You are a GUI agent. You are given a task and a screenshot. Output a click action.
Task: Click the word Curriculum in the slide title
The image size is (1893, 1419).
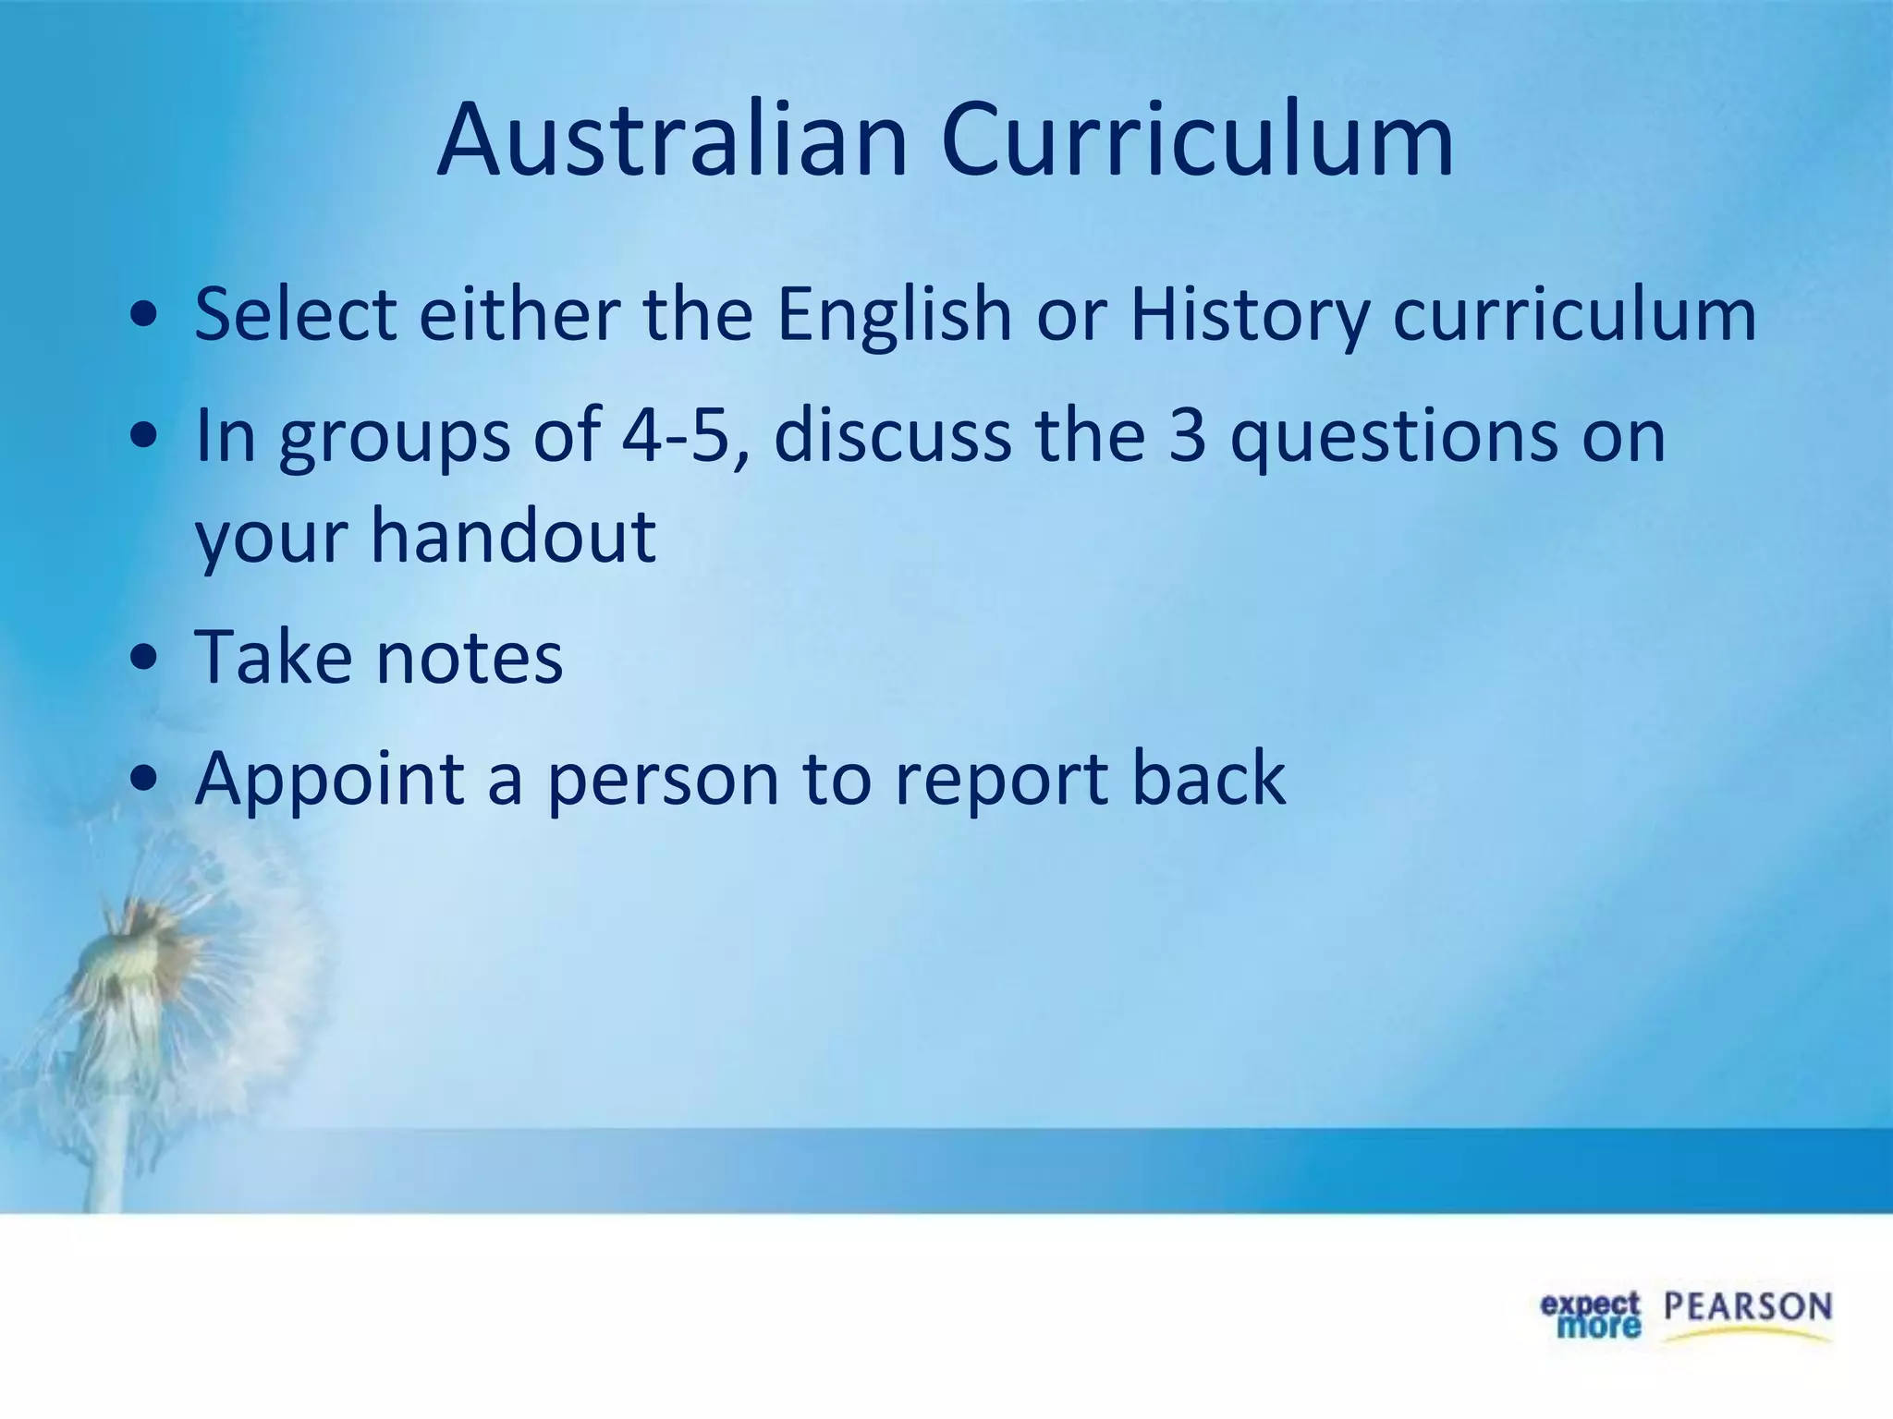coord(1198,141)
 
